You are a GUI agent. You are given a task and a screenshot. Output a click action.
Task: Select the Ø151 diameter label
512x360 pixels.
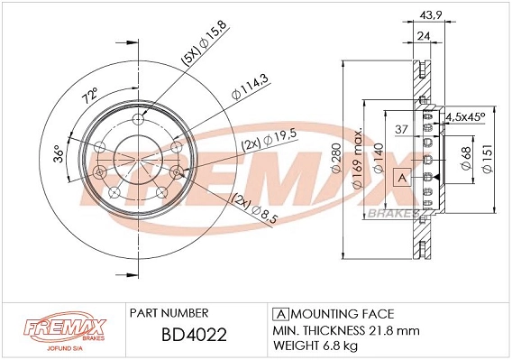[x=489, y=160]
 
